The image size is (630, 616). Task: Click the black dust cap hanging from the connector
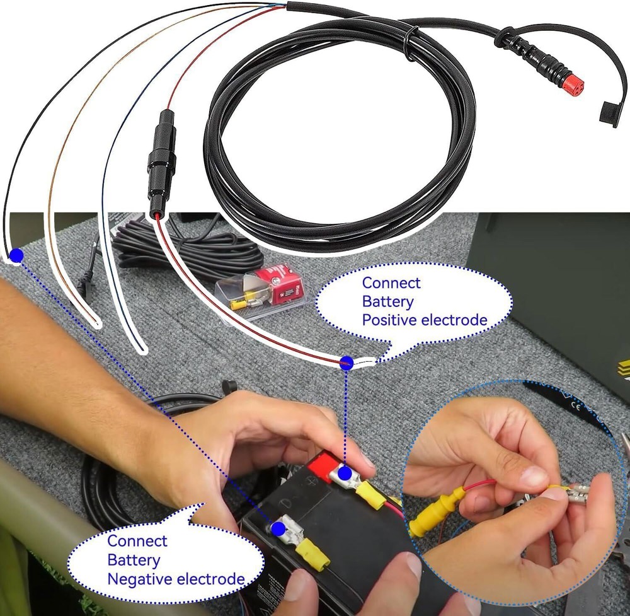coord(606,117)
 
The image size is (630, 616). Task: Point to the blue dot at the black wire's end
coord(17,255)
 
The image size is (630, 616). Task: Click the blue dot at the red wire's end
coord(346,363)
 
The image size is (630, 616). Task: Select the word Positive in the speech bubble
coord(390,320)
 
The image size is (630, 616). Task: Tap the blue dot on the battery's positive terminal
coord(345,472)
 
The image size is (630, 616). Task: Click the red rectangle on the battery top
coord(322,466)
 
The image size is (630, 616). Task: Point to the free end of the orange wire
coord(96,324)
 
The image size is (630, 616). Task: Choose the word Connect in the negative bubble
coord(137,541)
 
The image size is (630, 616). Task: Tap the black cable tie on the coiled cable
coord(411,44)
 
